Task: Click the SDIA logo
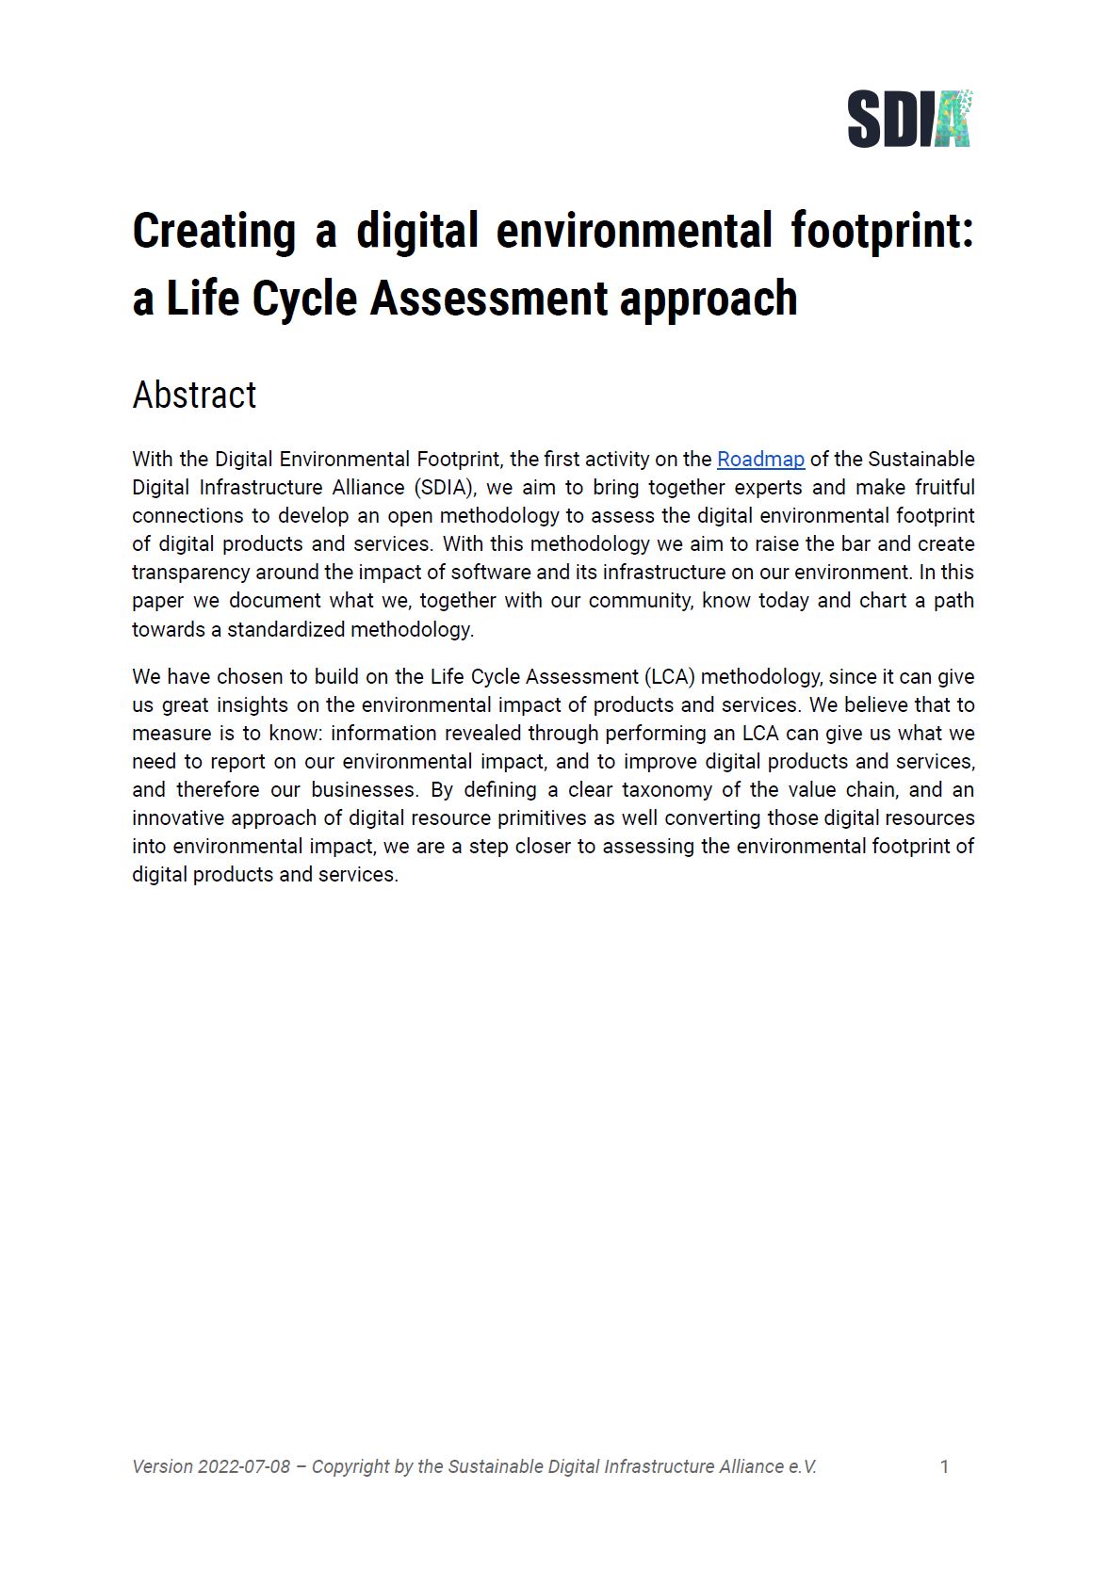click(909, 119)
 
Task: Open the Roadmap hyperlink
click(760, 460)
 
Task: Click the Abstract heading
click(194, 396)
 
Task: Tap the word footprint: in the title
click(881, 231)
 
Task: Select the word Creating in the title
click(214, 231)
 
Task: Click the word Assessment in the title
click(488, 299)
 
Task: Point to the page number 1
click(944, 1466)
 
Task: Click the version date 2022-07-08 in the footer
click(244, 1466)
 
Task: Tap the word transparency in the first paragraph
click(191, 573)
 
